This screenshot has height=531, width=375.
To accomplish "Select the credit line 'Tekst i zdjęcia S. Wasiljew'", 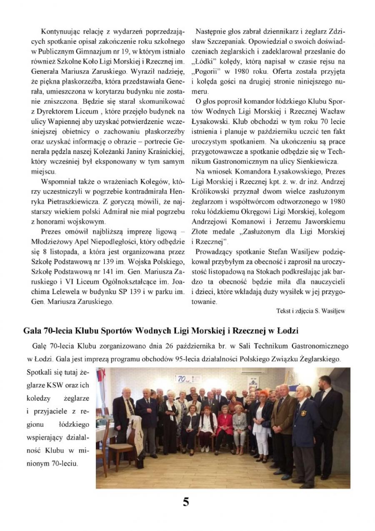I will [x=310, y=311].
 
